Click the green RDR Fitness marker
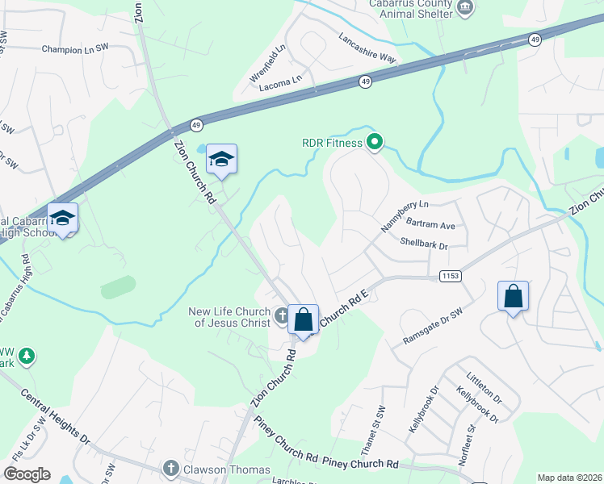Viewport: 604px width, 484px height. click(375, 144)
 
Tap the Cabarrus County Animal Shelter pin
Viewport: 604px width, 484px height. click(465, 8)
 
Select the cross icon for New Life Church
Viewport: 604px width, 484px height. click(281, 315)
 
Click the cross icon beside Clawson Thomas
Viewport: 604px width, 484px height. click(170, 469)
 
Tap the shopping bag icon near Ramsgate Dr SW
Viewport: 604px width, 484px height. click(513, 297)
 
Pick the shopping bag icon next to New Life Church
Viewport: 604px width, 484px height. click(303, 320)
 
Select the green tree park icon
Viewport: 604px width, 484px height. click(27, 355)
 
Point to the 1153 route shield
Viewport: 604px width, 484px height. click(451, 277)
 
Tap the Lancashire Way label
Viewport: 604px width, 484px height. click(367, 48)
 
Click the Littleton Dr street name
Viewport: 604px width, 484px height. click(484, 387)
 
